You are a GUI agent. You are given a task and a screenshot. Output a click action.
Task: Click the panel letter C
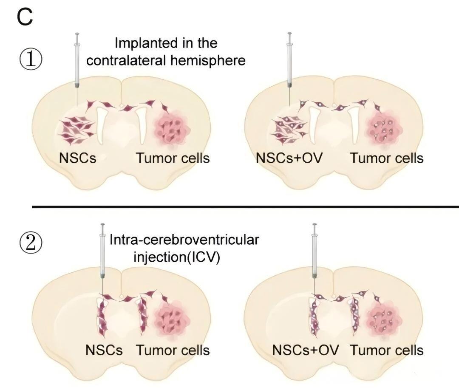tap(25, 17)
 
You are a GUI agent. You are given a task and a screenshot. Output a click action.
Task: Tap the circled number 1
tap(31, 59)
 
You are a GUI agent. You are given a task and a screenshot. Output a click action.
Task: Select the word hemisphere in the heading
tap(208, 60)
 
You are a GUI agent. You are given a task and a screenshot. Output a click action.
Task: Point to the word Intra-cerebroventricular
tap(184, 240)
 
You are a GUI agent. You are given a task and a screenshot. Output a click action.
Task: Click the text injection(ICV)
tap(177, 257)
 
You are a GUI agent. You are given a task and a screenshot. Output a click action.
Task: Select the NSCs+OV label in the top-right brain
tap(289, 158)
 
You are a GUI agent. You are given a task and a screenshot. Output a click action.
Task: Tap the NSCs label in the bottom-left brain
tap(104, 350)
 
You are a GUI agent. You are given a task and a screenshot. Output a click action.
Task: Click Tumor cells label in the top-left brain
tap(173, 158)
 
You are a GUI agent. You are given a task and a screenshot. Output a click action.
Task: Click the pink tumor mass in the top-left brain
tap(172, 128)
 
